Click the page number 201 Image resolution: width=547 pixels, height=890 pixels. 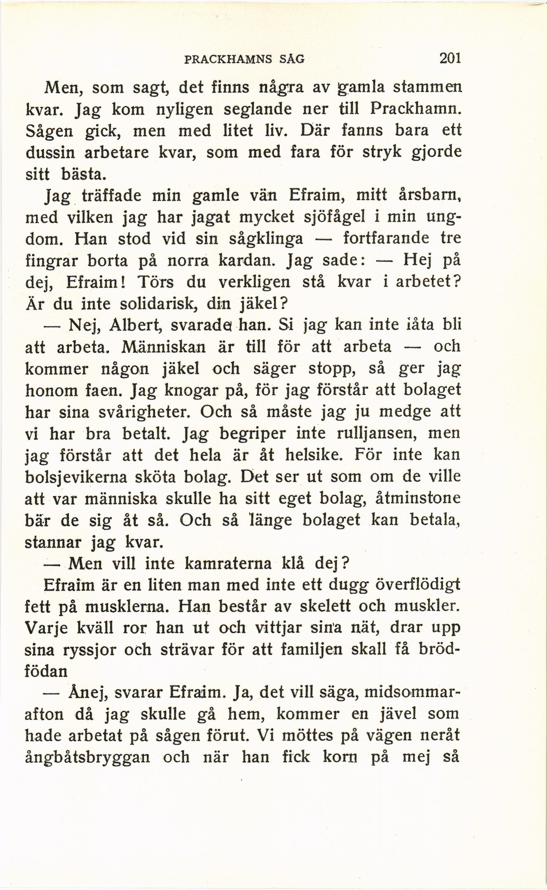point(449,58)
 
